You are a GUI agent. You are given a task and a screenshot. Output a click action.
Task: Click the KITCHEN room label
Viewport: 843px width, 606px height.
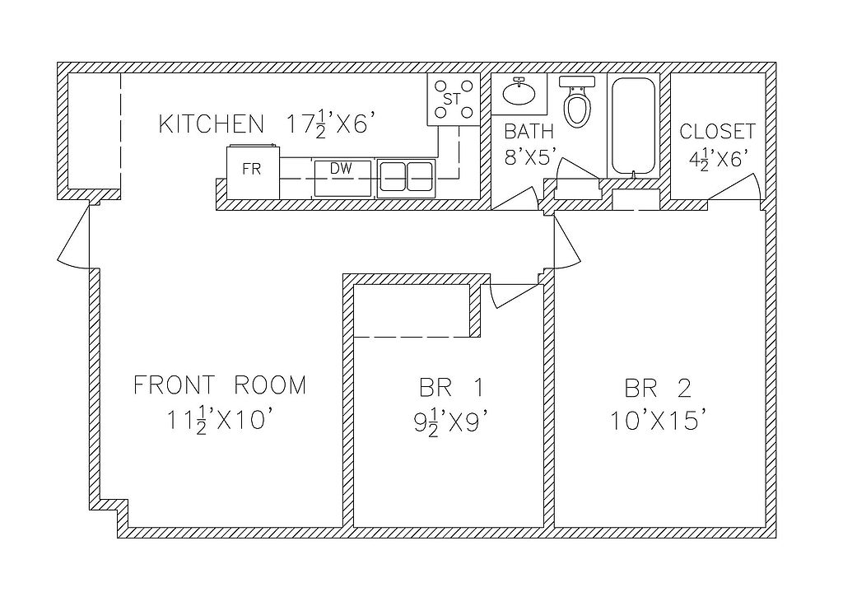[x=212, y=124]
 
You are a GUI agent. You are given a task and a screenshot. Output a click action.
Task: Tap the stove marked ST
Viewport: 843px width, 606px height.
[x=454, y=100]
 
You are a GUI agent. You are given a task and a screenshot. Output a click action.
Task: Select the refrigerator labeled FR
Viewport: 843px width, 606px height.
[x=253, y=171]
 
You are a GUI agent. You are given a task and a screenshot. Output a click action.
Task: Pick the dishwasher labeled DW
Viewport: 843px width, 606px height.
[x=343, y=178]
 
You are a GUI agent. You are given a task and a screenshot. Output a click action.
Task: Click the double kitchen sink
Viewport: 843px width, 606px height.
[x=406, y=177]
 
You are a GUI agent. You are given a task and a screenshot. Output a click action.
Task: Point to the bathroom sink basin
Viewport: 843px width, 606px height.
[x=519, y=92]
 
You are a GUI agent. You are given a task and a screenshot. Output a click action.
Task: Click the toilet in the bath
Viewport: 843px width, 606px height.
[x=577, y=100]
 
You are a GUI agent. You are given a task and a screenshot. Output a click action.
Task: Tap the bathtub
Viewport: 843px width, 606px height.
[x=633, y=127]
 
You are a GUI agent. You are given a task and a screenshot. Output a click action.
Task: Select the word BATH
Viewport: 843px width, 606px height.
[x=529, y=131]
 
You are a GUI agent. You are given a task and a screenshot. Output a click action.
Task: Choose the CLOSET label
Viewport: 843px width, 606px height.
[x=717, y=131]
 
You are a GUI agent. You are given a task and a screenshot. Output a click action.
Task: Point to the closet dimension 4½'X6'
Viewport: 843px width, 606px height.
[x=719, y=159]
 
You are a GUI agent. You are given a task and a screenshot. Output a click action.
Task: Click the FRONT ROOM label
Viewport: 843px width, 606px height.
[x=220, y=385]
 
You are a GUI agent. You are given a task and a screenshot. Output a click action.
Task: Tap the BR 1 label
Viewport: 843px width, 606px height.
[x=451, y=388]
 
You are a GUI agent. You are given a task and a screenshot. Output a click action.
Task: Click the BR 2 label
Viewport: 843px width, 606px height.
[x=658, y=388]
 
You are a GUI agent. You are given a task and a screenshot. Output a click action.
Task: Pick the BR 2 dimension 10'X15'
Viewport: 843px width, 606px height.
[x=657, y=421]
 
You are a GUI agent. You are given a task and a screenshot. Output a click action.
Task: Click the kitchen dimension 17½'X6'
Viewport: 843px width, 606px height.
[x=326, y=125]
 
